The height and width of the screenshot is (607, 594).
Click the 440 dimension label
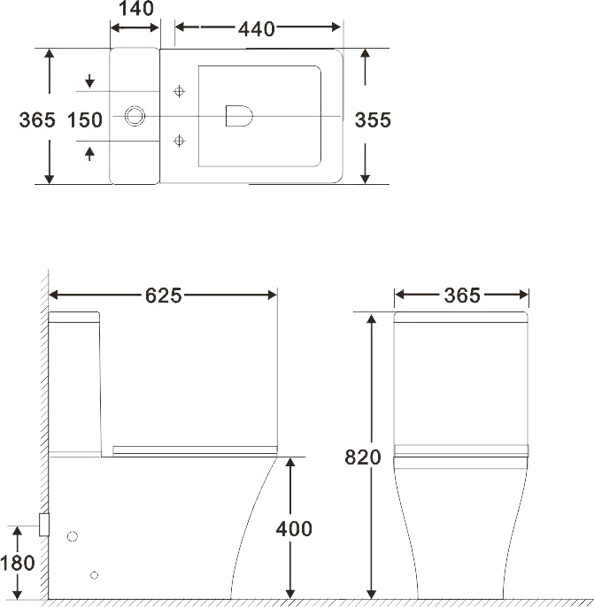point(257,28)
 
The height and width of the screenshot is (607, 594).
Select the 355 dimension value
point(373,119)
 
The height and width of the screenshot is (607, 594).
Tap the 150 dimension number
point(85,119)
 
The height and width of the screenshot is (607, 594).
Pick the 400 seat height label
point(294,529)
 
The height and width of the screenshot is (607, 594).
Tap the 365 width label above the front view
point(462,296)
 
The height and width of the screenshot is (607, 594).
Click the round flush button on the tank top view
point(135,116)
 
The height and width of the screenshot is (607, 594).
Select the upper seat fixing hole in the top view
point(180,90)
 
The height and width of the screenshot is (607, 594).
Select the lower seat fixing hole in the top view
point(180,140)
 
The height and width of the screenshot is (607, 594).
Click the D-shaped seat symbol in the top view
point(238,116)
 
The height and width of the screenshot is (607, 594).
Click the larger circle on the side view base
point(73,536)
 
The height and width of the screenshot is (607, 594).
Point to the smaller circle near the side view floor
point(94,575)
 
